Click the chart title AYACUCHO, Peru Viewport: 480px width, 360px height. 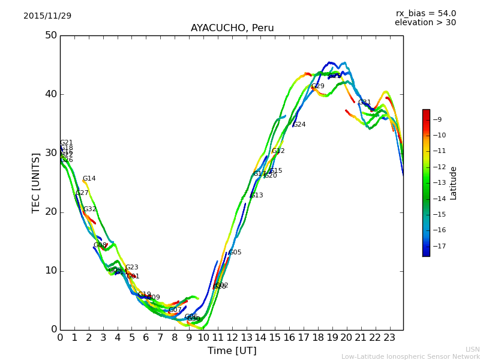click(x=232, y=28)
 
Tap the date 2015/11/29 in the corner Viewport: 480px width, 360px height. click(x=47, y=16)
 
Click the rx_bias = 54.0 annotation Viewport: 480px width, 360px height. click(x=425, y=13)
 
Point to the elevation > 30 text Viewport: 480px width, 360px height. click(x=425, y=23)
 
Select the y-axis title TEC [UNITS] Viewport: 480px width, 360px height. click(x=36, y=182)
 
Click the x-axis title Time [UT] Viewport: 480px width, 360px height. click(x=232, y=351)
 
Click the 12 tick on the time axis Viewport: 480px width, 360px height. click(x=232, y=338)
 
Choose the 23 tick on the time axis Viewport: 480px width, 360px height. click(x=389, y=338)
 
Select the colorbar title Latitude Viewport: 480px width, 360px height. click(x=454, y=183)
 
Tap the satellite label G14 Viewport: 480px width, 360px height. click(x=89, y=179)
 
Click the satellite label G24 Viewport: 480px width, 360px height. click(x=299, y=125)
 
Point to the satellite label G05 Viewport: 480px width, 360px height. click(x=235, y=253)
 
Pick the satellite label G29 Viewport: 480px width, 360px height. click(x=317, y=86)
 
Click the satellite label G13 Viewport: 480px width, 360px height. click(x=257, y=196)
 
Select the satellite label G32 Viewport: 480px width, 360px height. click(x=89, y=209)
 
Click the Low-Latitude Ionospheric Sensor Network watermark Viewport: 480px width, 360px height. click(x=410, y=356)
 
